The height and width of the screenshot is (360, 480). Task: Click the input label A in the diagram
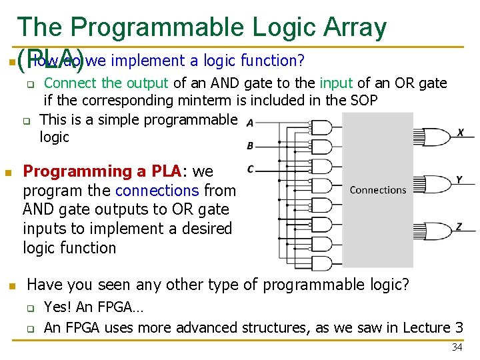point(249,123)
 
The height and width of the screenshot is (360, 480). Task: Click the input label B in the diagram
point(250,145)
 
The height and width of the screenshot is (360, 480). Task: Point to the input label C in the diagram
point(250,169)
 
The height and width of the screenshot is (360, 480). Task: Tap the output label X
point(461,133)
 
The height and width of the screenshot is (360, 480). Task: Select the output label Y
point(459,179)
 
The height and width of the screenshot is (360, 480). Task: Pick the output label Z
point(459,227)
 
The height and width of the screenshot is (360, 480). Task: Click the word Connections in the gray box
point(377,190)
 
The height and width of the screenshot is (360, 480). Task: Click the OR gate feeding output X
point(437,137)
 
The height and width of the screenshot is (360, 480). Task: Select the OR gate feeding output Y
point(437,184)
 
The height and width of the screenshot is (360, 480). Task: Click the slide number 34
point(457,347)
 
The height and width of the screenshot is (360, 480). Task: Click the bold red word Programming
point(78,171)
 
